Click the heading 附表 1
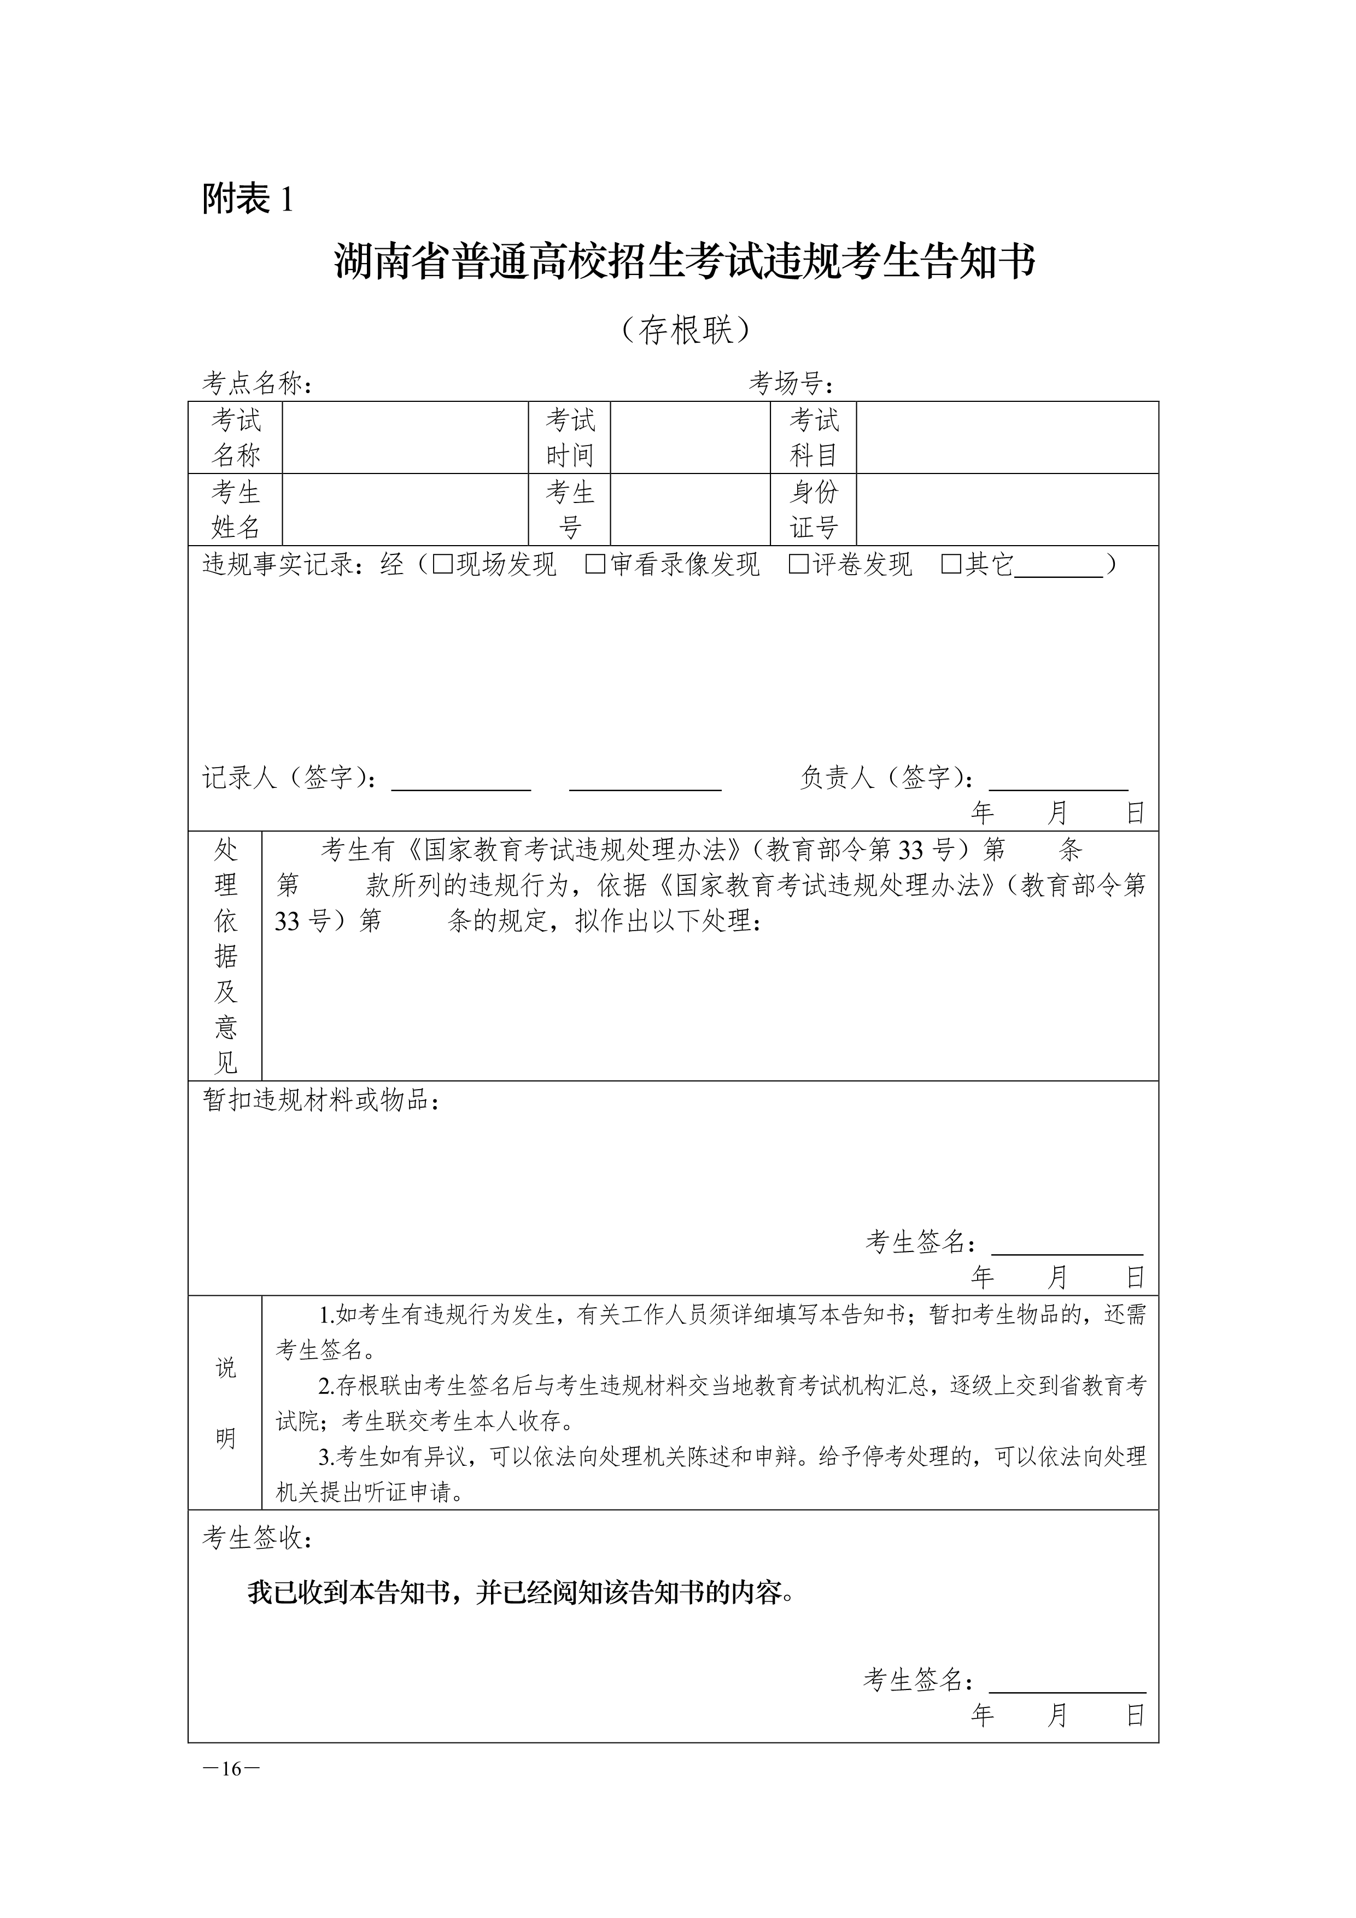tap(247, 199)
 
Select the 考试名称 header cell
tap(236, 438)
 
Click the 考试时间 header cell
tap(569, 438)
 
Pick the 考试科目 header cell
tap(813, 438)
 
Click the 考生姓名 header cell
tap(236, 510)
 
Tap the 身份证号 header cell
tap(813, 510)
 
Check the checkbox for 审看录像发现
tap(595, 565)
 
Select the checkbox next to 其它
tap(951, 565)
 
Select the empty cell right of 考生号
tap(690, 510)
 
